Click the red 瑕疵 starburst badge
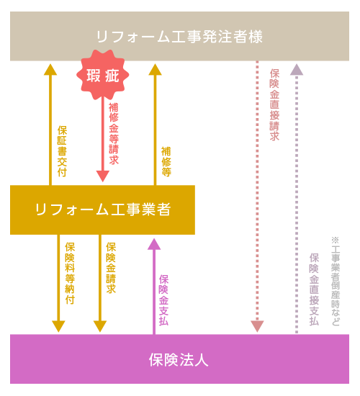click(102, 75)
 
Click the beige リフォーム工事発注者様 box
click(179, 36)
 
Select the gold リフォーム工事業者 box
click(102, 210)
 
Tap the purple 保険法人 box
click(179, 359)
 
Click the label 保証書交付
click(62, 151)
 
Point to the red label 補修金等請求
click(114, 134)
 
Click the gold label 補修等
click(166, 161)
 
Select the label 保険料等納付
click(70, 274)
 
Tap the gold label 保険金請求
click(111, 268)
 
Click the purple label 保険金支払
click(163, 300)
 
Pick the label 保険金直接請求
click(274, 105)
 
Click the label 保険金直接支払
click(314, 289)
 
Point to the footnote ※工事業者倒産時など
click(336, 282)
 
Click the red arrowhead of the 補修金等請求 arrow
click(103, 176)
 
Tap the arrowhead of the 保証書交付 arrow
click(50, 69)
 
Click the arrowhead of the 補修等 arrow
click(155, 69)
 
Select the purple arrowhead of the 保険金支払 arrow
click(154, 244)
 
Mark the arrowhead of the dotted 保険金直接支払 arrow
click(297, 69)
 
